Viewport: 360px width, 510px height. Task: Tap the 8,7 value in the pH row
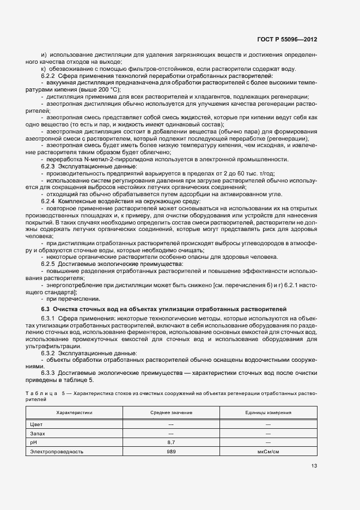coord(171,442)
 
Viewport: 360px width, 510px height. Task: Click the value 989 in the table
coord(171,452)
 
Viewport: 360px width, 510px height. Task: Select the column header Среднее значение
coord(171,412)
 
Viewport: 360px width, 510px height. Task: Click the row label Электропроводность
coord(57,452)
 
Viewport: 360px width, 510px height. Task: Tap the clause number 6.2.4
coord(49,202)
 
